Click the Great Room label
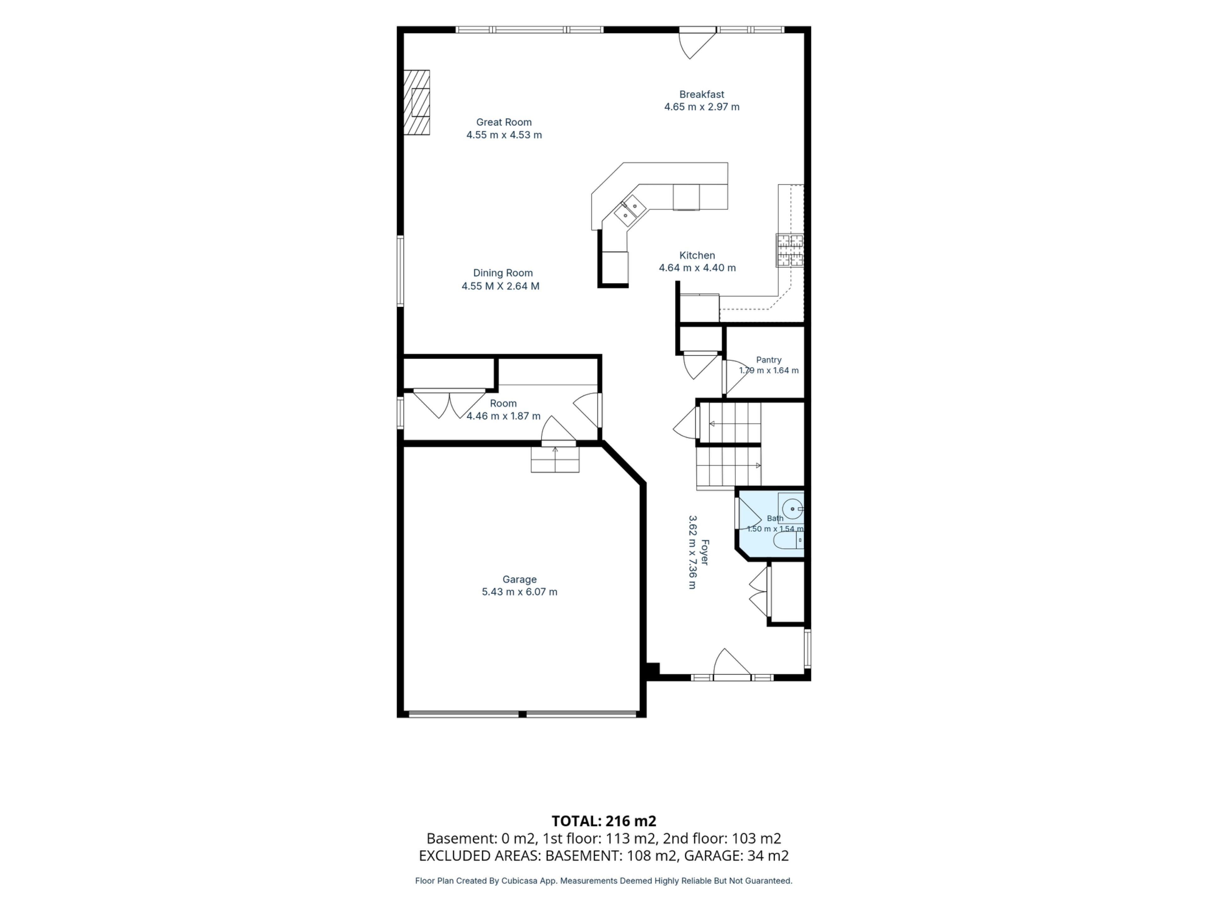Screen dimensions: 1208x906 click(504, 122)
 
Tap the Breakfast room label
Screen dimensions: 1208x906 click(702, 94)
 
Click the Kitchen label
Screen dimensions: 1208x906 click(697, 255)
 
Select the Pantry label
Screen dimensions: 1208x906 click(769, 360)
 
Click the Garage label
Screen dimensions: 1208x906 click(519, 579)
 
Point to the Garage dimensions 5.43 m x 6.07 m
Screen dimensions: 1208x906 click(519, 592)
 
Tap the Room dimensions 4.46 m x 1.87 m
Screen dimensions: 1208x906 click(503, 416)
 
